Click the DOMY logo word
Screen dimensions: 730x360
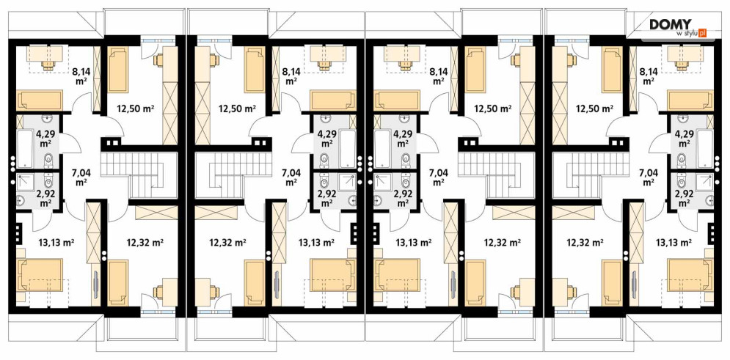coord(671,25)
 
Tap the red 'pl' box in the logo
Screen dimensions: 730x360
coord(703,32)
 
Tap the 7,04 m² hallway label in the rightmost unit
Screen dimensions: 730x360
coord(648,177)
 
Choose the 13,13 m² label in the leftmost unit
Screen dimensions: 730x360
coord(56,242)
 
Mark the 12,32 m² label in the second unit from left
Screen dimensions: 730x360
coord(227,242)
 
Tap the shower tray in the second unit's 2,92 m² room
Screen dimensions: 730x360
coord(348,184)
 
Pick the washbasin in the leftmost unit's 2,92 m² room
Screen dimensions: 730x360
coord(21,201)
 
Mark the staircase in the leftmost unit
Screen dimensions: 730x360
coord(139,175)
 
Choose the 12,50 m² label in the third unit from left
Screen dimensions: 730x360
coord(492,109)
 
